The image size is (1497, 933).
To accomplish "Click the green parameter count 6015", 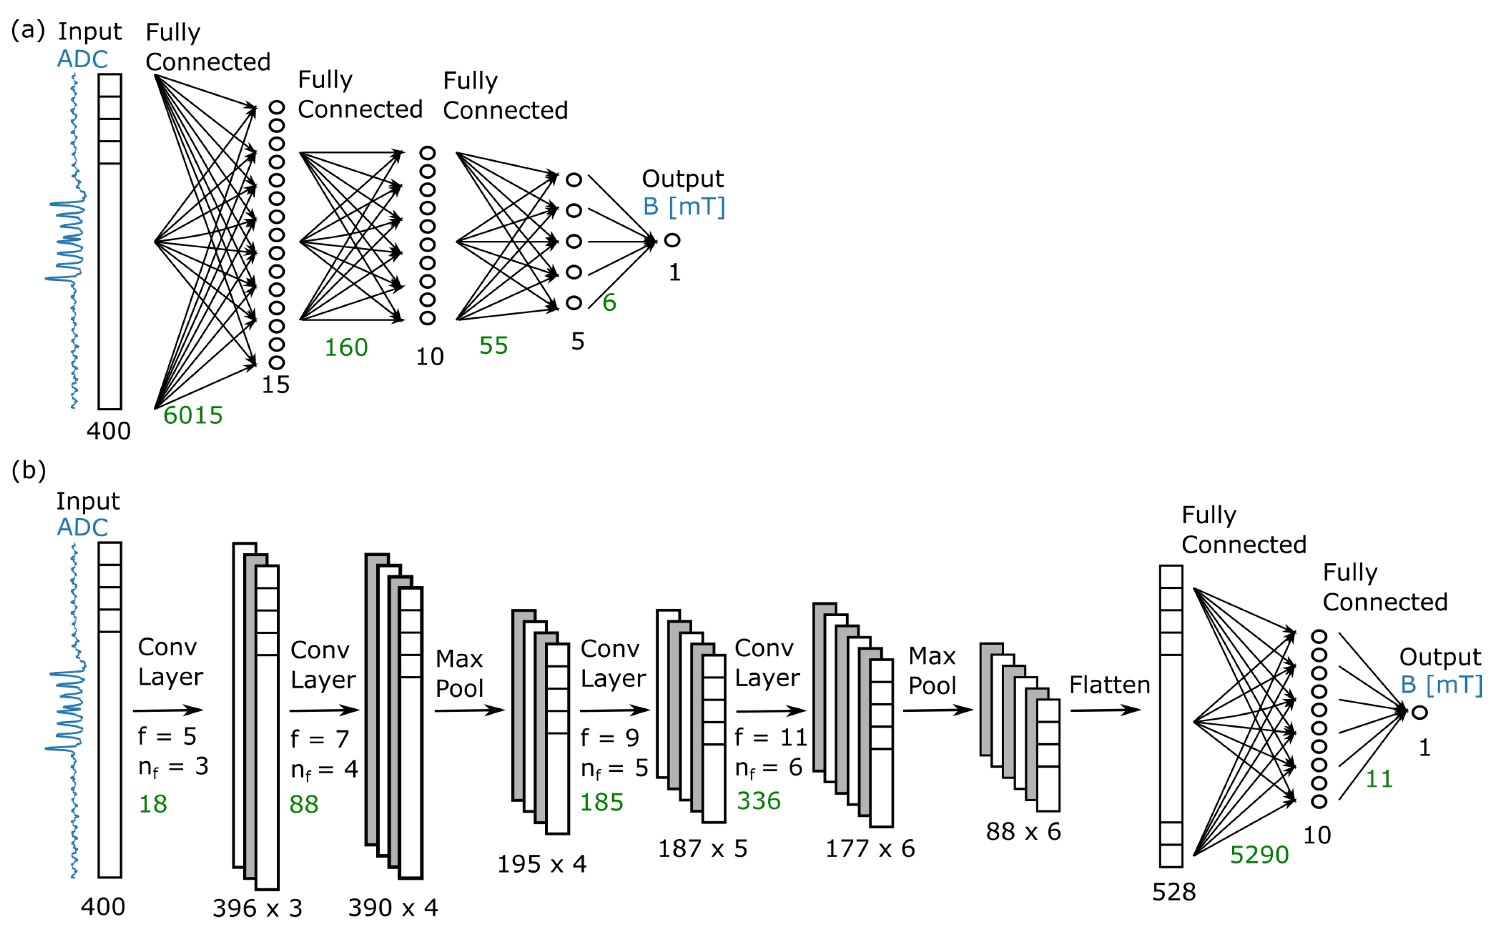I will [x=193, y=415].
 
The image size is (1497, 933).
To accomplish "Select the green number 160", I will [x=346, y=347].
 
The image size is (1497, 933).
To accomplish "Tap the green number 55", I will [x=494, y=345].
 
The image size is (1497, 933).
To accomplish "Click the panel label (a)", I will [x=28, y=29].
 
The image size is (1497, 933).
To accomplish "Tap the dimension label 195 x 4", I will [x=542, y=864].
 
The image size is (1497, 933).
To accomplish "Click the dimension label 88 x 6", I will [x=1023, y=832].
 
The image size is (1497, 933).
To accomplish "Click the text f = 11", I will [x=771, y=737].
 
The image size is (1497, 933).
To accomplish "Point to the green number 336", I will [x=758, y=801].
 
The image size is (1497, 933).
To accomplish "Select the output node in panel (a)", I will [x=672, y=240].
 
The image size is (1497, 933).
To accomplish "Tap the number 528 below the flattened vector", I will [x=1174, y=892].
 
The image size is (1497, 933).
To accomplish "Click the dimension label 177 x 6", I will [x=870, y=848].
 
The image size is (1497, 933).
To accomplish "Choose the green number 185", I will [x=602, y=802].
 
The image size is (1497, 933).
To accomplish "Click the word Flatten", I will [x=1110, y=685].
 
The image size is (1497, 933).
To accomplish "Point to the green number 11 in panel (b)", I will [x=1379, y=779].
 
